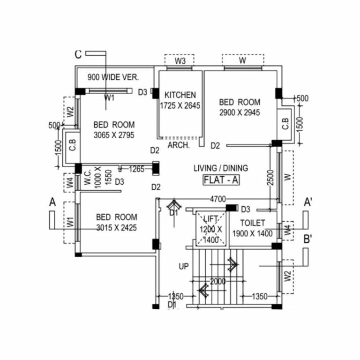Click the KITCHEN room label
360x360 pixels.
[x=180, y=95]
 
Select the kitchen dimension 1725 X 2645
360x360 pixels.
[x=180, y=106]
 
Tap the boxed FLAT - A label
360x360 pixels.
[x=221, y=180]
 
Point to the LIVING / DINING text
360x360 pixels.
[x=221, y=168]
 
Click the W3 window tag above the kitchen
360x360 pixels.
[x=180, y=61]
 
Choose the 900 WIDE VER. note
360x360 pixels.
[x=113, y=78]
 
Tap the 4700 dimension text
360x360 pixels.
[x=217, y=199]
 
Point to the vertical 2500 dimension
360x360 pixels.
[x=270, y=177]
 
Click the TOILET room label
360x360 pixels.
[x=253, y=223]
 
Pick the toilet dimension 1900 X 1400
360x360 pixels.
[x=253, y=233]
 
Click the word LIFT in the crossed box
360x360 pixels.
[x=211, y=218]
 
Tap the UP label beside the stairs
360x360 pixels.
[x=183, y=266]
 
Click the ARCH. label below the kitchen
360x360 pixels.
[x=179, y=145]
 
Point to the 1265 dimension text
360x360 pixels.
[x=136, y=169]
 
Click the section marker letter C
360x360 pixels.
[x=78, y=54]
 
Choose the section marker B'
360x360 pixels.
[x=308, y=239]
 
